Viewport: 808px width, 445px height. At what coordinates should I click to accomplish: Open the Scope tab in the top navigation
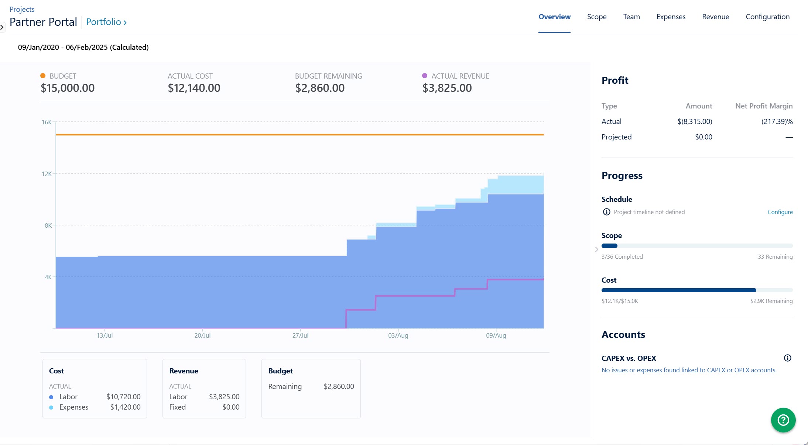[597, 17]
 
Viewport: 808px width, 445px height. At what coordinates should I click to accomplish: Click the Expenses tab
[671, 17]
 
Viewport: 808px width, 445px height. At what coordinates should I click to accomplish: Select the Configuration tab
[767, 17]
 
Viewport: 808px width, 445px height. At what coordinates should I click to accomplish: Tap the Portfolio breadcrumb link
[106, 22]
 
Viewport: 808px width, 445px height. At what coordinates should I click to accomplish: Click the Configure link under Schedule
[780, 212]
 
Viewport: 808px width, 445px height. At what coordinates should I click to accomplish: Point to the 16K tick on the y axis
[47, 122]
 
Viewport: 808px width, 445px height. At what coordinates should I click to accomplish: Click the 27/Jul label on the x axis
[300, 335]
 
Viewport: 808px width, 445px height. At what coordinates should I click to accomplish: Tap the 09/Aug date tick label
[496, 335]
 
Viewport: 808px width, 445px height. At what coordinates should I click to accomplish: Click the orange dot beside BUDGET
[43, 76]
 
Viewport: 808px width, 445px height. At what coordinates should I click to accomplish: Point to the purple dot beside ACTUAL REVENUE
[425, 76]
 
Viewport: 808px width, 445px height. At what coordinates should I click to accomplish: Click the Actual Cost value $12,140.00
[194, 88]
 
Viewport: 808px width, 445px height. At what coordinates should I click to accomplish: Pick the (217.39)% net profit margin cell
[777, 121]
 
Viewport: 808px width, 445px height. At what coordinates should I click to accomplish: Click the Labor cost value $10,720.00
[123, 397]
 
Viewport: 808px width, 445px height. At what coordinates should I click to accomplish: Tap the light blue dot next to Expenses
[51, 407]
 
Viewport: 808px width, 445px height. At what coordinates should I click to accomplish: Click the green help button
[783, 420]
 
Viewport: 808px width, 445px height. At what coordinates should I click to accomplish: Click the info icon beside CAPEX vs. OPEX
[787, 358]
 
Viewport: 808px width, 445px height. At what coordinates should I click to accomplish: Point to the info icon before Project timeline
[606, 212]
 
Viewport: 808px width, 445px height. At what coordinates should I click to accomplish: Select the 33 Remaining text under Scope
[775, 256]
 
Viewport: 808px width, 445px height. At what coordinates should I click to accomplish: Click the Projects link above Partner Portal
[22, 9]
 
